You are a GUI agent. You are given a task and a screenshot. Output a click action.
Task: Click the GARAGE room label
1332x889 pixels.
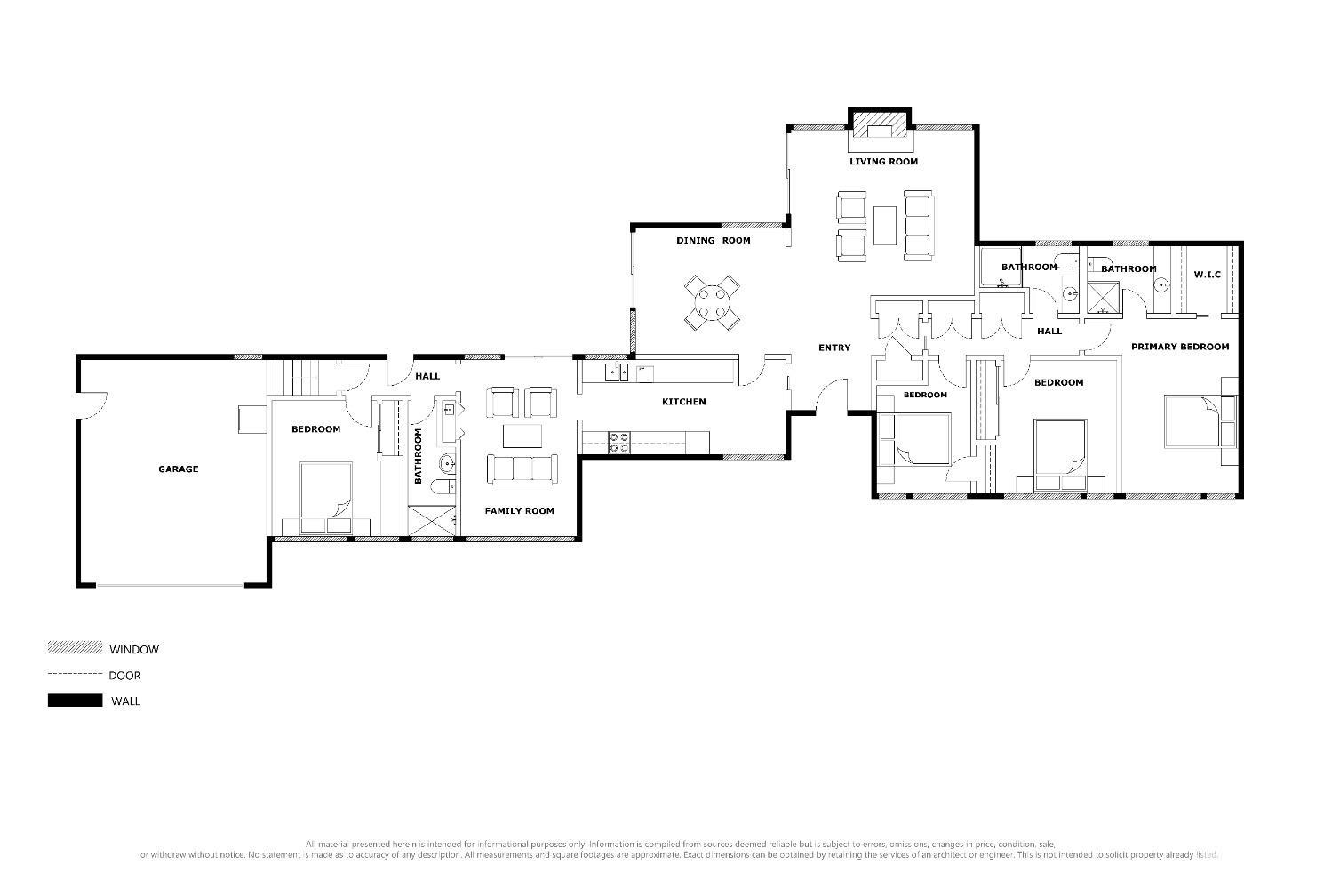(178, 469)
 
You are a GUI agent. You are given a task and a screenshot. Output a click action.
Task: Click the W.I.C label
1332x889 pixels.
(1207, 275)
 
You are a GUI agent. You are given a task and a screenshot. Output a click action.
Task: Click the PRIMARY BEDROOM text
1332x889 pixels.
(1179, 347)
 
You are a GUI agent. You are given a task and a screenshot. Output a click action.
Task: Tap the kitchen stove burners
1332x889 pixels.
(619, 442)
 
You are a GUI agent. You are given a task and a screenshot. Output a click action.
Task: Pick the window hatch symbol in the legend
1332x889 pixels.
(75, 648)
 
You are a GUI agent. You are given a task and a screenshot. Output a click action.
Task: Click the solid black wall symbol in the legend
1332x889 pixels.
(75, 701)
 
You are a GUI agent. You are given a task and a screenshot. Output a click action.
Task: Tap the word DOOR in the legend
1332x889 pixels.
(124, 676)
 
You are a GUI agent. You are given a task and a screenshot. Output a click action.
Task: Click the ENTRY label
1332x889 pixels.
(833, 348)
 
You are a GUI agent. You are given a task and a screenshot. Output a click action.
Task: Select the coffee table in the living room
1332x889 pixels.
(884, 225)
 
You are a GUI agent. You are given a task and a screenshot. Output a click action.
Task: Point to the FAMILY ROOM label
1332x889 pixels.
(519, 510)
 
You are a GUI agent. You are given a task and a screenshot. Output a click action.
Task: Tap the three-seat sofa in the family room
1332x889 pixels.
(521, 469)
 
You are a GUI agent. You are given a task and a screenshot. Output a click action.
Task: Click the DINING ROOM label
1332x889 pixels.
(713, 241)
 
